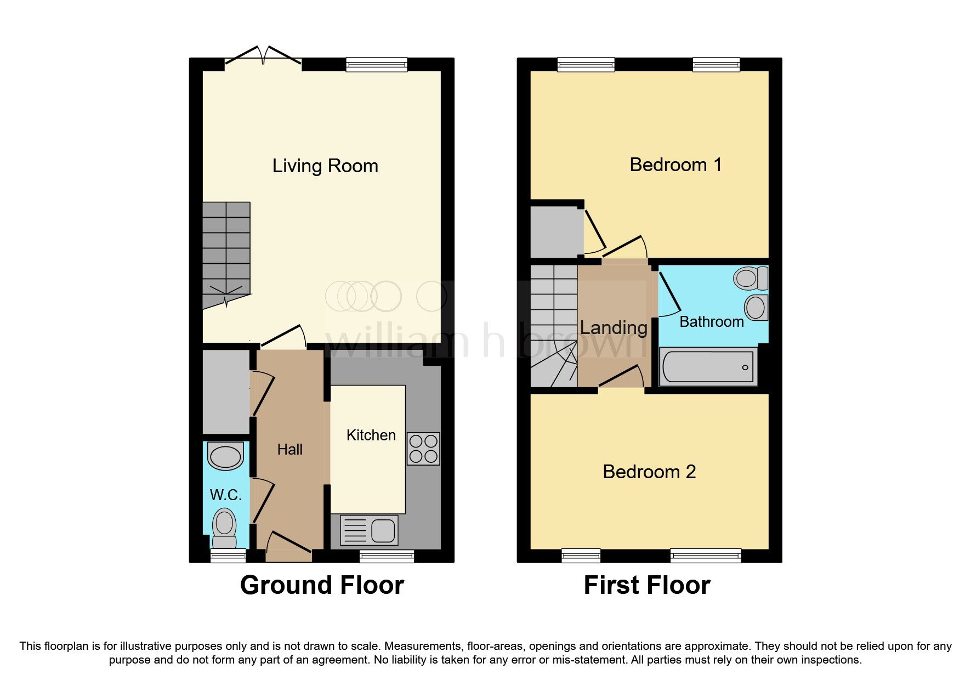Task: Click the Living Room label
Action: pyautogui.click(x=325, y=166)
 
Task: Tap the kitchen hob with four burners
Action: pyautogui.click(x=423, y=449)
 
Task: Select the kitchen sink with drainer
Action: pyautogui.click(x=369, y=530)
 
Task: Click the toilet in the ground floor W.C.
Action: pyautogui.click(x=224, y=527)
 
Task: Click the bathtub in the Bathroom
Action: pyautogui.click(x=708, y=367)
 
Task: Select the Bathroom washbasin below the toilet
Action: pyautogui.click(x=756, y=308)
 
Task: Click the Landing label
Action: pyautogui.click(x=614, y=328)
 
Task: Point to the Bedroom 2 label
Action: pyautogui.click(x=649, y=472)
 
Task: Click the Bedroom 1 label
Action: pyautogui.click(x=675, y=165)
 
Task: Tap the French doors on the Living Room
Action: pyautogui.click(x=263, y=58)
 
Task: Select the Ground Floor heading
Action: pyautogui.click(x=322, y=585)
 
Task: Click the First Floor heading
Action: pyautogui.click(x=647, y=585)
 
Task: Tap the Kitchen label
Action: pyautogui.click(x=371, y=435)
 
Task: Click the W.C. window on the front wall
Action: pyautogui.click(x=228, y=556)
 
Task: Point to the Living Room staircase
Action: pyautogui.click(x=226, y=252)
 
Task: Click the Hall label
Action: pyautogui.click(x=289, y=450)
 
